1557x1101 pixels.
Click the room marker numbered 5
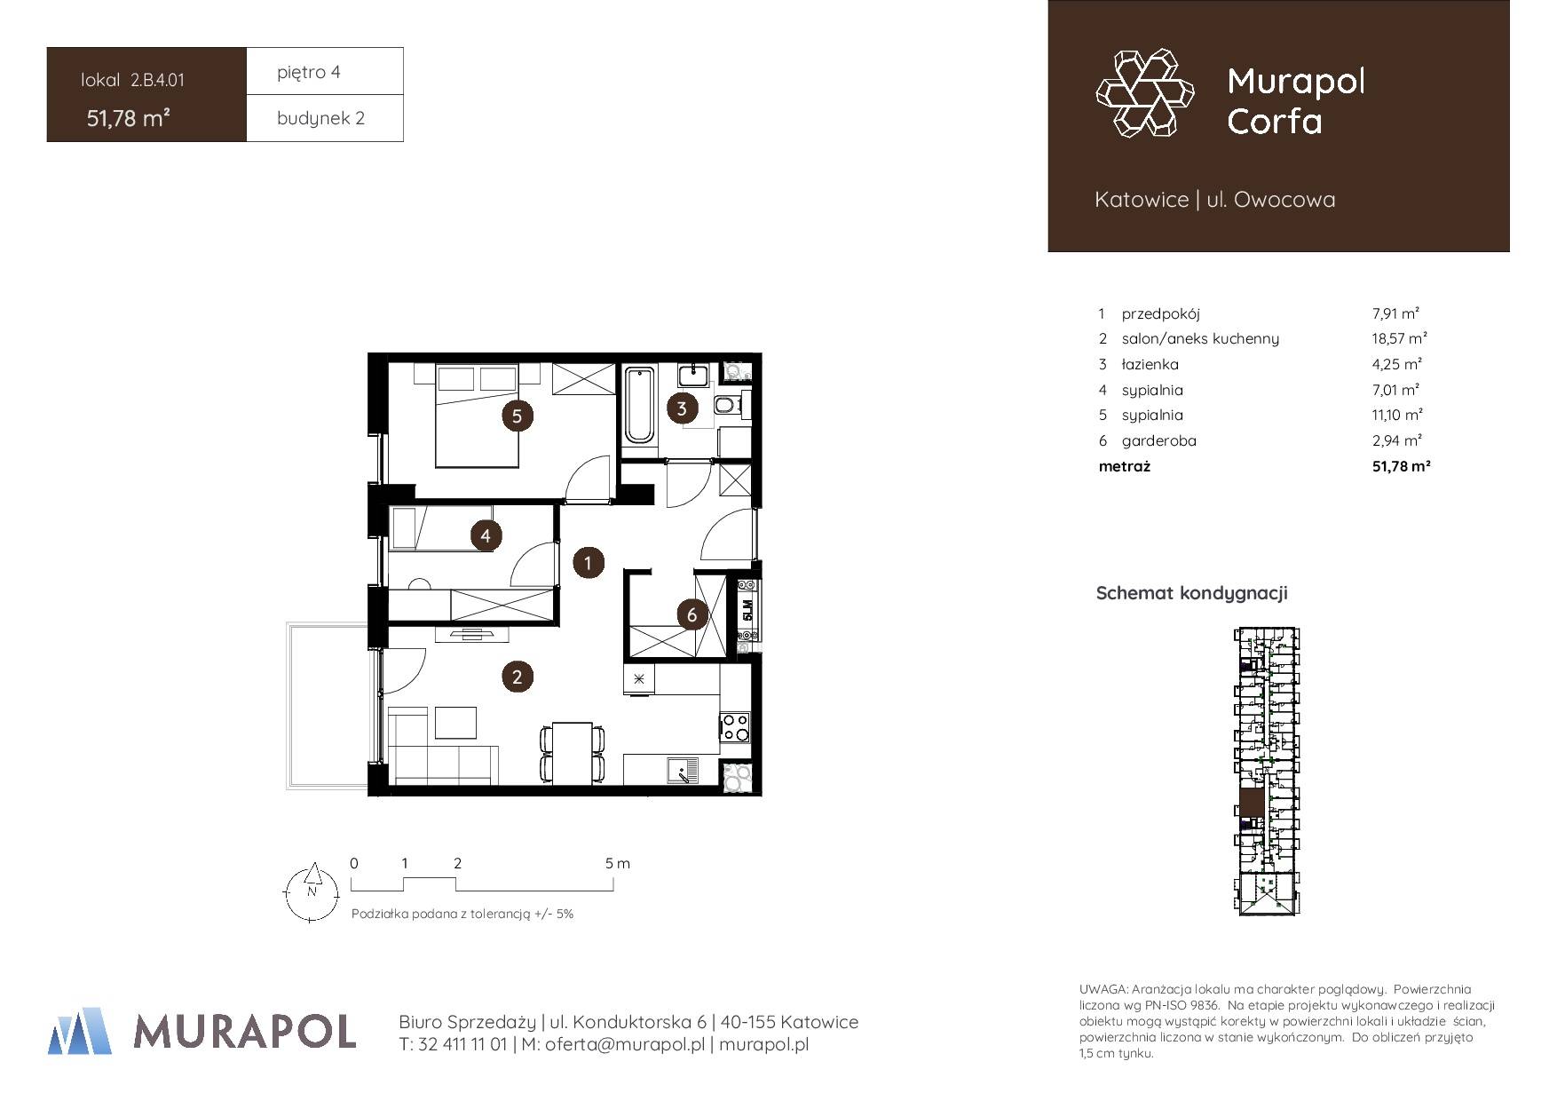click(x=517, y=416)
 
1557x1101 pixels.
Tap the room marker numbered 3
click(x=682, y=408)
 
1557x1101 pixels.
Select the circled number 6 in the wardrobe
click(x=692, y=614)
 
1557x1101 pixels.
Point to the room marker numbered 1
click(x=588, y=562)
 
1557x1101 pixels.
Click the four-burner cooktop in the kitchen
click(x=735, y=727)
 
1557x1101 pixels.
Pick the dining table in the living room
click(x=573, y=753)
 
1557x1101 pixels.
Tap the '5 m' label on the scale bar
click(x=618, y=863)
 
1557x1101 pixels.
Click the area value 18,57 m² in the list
click(x=1399, y=338)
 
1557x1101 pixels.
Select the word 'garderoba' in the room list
click(x=1158, y=440)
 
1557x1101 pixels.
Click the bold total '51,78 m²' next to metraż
click(x=1401, y=465)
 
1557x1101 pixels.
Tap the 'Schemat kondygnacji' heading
click(x=1191, y=593)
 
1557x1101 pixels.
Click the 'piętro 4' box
click(x=325, y=71)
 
